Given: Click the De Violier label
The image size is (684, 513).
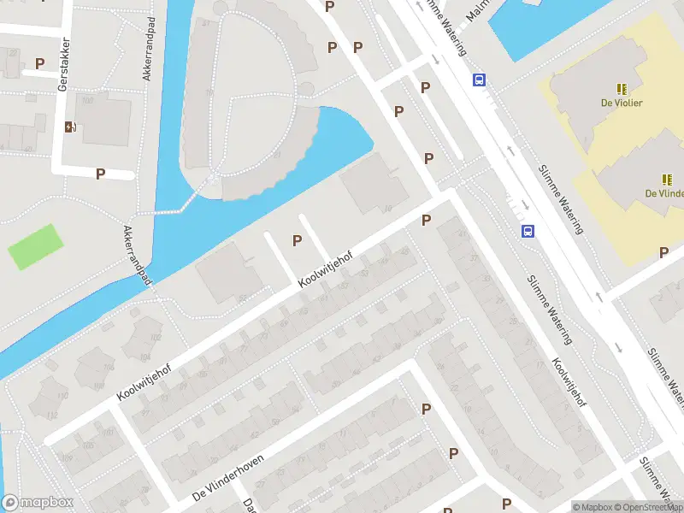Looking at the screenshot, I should [x=622, y=103].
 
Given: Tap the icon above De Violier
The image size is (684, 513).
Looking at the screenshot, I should [x=622, y=88].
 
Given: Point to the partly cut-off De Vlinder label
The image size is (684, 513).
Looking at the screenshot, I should [x=664, y=193].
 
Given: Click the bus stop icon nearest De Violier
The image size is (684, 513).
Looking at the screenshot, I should [x=480, y=80].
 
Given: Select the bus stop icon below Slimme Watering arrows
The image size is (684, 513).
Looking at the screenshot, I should [x=528, y=231].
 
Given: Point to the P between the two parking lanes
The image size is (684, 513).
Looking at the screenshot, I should [x=297, y=240].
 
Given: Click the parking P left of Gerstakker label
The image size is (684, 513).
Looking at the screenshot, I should [x=39, y=63].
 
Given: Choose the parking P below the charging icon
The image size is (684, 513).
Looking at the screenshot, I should [x=100, y=174].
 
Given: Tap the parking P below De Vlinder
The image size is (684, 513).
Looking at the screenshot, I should [x=663, y=252].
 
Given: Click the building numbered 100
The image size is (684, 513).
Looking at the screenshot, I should [x=88, y=100].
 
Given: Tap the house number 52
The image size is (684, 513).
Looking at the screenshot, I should [x=242, y=297].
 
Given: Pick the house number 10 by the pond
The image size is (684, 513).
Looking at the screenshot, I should [x=388, y=207].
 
